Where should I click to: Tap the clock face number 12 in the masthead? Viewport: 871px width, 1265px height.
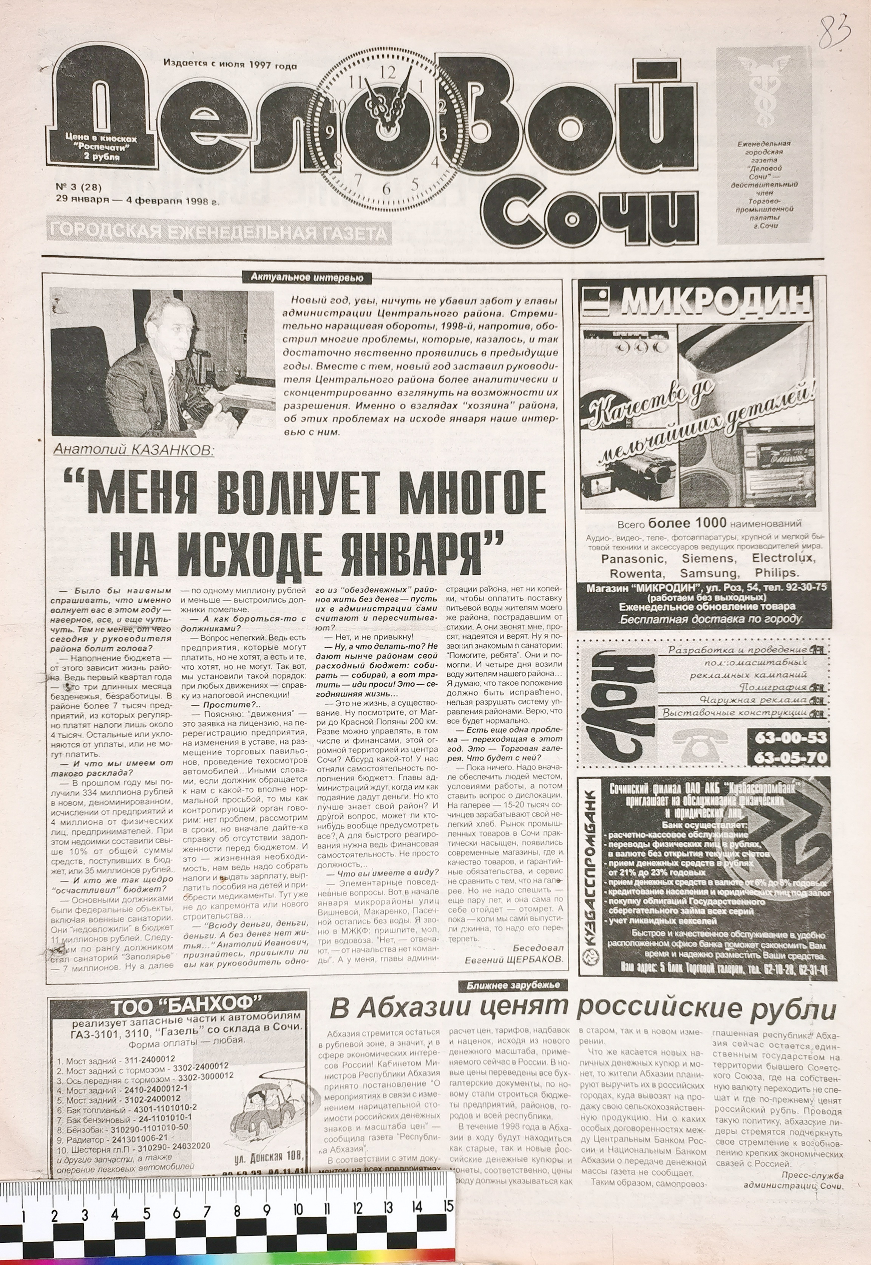click(x=386, y=71)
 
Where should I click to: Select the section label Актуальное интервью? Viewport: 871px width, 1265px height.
click(x=307, y=277)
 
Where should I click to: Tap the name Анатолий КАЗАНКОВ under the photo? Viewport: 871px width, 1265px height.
click(x=134, y=449)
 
